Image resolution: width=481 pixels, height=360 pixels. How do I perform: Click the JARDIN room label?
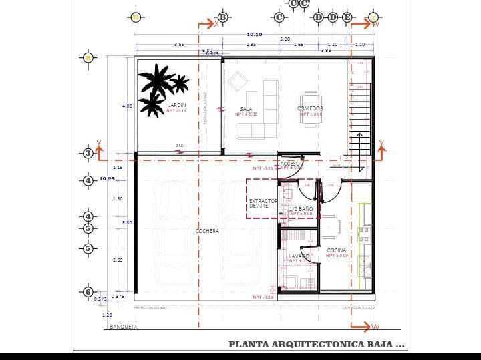(x=177, y=105)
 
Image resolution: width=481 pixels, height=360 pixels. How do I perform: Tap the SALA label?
(x=246, y=109)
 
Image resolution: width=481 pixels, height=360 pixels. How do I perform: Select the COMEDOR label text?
(x=310, y=108)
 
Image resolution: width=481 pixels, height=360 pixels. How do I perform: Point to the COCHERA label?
(x=207, y=231)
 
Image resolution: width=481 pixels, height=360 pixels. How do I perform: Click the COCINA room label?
(x=337, y=250)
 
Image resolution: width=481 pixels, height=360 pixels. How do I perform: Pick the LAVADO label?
(x=299, y=256)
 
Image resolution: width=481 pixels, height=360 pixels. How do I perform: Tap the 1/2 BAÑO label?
(x=301, y=209)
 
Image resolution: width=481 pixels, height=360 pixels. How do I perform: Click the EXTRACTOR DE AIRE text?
(x=263, y=203)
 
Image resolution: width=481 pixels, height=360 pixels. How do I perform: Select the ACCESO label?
(x=291, y=163)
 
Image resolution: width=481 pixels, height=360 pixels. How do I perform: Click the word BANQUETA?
(x=124, y=327)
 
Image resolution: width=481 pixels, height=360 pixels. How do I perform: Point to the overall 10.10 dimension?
(x=254, y=34)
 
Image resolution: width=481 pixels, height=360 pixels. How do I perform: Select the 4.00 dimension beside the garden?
(x=127, y=106)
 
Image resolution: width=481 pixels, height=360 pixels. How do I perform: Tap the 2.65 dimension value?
(x=118, y=260)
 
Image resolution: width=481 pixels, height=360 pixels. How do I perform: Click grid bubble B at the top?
(x=223, y=17)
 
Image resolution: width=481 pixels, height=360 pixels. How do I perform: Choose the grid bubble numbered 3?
(x=88, y=154)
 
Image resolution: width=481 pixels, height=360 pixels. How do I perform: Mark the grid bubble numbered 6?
(x=88, y=291)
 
